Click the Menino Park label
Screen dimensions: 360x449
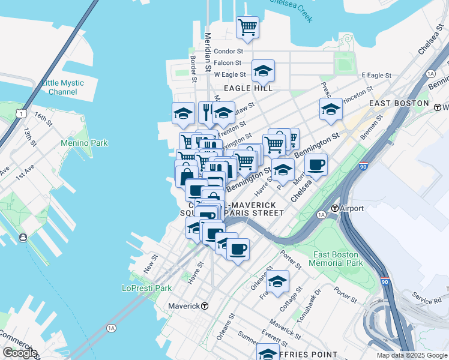click(x=84, y=143)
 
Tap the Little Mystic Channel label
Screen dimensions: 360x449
click(x=63, y=87)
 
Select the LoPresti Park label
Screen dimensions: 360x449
click(x=151, y=288)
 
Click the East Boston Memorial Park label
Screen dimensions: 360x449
click(x=337, y=259)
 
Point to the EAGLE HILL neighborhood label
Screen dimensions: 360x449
click(x=248, y=88)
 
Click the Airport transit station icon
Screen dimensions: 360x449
click(x=334, y=208)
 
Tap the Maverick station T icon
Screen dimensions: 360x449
click(x=205, y=306)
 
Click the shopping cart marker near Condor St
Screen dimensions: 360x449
click(x=247, y=27)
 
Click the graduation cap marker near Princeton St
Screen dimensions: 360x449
click(x=331, y=109)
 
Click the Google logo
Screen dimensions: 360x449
click(x=19, y=353)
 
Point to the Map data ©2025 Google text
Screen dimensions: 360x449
click(x=411, y=355)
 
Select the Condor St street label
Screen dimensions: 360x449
click(x=228, y=52)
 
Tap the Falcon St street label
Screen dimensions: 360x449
click(x=228, y=62)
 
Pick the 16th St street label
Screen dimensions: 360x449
click(x=43, y=116)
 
